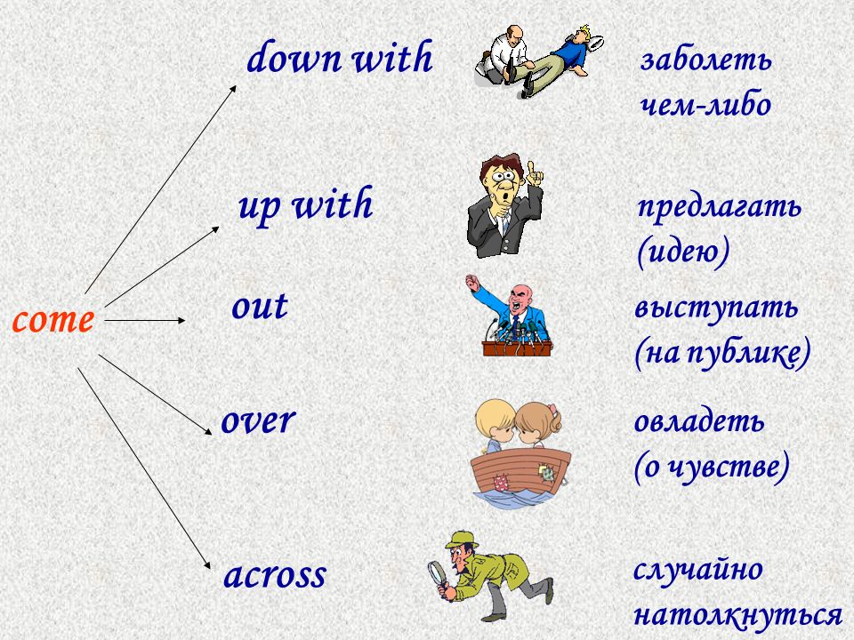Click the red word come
[x=52, y=320]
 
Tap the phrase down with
[x=340, y=57]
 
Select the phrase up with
[x=305, y=205]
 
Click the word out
[x=260, y=307]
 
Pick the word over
[x=258, y=420]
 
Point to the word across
[x=275, y=575]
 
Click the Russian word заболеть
[x=705, y=60]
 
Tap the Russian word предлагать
[x=720, y=207]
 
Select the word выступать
[x=716, y=308]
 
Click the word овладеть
[x=699, y=421]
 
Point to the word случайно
[x=698, y=570]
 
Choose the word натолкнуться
[x=738, y=615]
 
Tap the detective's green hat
[x=462, y=540]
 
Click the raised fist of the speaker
[x=472, y=282]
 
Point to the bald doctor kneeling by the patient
[x=503, y=53]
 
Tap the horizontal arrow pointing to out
[x=144, y=321]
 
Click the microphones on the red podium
[x=516, y=331]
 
